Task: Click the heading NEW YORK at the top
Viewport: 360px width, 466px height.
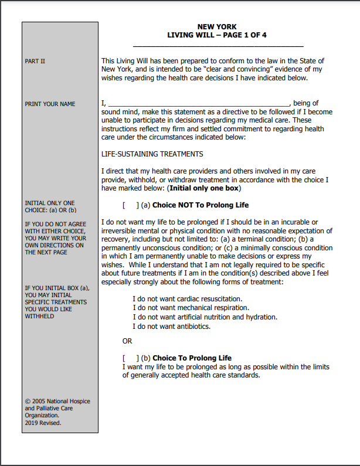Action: pyautogui.click(x=217, y=27)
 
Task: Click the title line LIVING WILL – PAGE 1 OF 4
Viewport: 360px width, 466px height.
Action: pyautogui.click(x=217, y=35)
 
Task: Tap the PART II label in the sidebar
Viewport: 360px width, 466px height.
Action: pyautogui.click(x=35, y=61)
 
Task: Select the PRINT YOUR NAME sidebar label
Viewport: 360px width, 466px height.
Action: pyautogui.click(x=50, y=104)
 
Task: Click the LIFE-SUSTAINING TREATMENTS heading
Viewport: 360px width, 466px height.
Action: pyautogui.click(x=152, y=154)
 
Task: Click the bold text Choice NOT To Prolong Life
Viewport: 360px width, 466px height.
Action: pyautogui.click(x=201, y=205)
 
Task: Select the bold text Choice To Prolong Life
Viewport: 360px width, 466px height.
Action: pyautogui.click(x=192, y=358)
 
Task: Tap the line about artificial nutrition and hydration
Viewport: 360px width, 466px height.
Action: pyautogui.click(x=205, y=317)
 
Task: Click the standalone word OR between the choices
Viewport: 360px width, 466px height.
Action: pyautogui.click(x=127, y=341)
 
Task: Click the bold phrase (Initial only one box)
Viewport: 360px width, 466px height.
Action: pyautogui.click(x=204, y=189)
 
